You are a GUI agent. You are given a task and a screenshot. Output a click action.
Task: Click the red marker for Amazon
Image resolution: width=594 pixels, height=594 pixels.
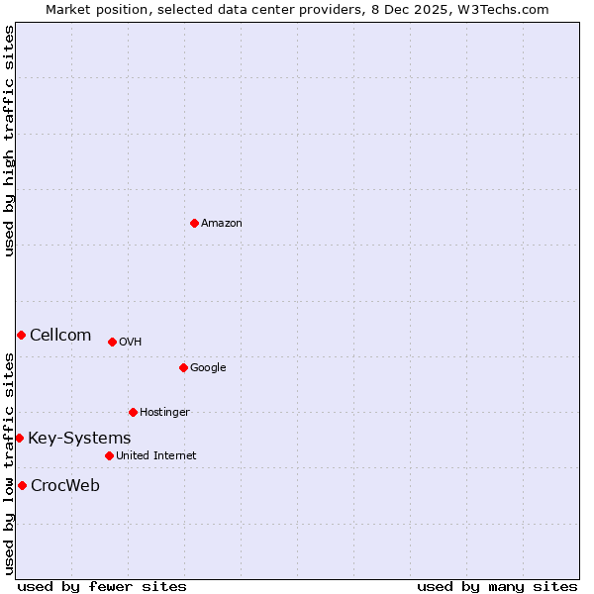(194, 223)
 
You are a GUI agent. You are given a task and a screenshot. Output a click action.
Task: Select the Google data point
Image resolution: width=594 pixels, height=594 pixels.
(183, 367)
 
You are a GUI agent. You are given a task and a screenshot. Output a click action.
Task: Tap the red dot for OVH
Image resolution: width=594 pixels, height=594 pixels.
(112, 342)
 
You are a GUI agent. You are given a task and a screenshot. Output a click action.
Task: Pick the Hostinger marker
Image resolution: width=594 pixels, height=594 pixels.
(133, 412)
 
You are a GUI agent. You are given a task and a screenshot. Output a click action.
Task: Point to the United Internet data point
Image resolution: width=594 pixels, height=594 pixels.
(109, 455)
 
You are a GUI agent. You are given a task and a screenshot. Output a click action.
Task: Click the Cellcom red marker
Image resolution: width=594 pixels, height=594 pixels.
(21, 335)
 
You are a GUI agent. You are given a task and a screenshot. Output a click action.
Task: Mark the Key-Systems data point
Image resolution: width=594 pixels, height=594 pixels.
(19, 438)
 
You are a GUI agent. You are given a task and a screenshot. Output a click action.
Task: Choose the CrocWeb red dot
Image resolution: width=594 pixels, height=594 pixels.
(22, 485)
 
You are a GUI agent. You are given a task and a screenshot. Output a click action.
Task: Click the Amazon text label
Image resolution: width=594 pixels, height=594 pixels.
(222, 224)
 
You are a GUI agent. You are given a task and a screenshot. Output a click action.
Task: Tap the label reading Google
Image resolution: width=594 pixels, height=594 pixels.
(208, 368)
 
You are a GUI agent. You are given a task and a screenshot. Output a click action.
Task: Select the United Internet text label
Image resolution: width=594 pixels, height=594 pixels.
(155, 456)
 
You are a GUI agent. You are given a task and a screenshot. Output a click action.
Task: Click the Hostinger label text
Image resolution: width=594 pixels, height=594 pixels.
(164, 413)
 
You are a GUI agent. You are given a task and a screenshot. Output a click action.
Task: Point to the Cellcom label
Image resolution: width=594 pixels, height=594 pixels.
(60, 336)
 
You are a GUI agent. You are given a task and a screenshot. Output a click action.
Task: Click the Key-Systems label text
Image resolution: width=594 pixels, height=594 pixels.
(79, 439)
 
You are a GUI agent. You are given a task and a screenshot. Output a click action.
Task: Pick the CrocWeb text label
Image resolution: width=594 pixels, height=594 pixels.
(65, 486)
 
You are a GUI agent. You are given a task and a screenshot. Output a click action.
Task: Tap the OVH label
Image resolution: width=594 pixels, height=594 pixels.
(130, 343)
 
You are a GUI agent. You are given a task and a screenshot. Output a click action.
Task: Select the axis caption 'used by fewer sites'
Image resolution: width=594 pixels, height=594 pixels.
(102, 586)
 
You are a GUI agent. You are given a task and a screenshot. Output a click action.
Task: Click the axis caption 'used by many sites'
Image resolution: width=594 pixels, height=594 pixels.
(497, 586)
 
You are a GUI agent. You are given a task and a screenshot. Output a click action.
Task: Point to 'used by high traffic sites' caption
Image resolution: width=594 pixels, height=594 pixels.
(9, 141)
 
